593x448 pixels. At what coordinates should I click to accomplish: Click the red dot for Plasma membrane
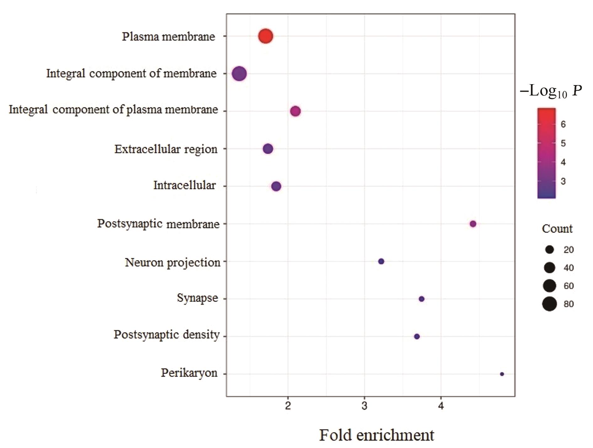(x=265, y=36)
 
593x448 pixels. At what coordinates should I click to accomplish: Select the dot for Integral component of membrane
(x=239, y=74)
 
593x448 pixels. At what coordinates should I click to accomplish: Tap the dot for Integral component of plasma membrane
(x=295, y=111)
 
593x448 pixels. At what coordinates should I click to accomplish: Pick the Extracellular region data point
(x=268, y=149)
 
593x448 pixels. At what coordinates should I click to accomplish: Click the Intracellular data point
(x=276, y=186)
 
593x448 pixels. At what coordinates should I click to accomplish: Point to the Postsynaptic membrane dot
(x=473, y=224)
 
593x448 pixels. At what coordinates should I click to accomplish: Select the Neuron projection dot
(x=381, y=261)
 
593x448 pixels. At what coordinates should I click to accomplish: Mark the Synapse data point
(x=422, y=299)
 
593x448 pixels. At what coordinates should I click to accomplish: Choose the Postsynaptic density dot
(x=417, y=336)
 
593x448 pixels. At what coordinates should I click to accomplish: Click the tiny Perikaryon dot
(x=502, y=374)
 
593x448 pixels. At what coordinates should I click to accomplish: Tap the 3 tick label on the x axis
(x=364, y=406)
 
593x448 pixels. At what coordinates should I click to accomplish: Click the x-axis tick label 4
(x=441, y=406)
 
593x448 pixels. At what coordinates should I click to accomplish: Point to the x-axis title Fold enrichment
(x=377, y=435)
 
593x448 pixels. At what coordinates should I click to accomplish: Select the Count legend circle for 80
(x=549, y=304)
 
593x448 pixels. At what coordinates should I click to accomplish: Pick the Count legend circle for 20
(x=549, y=250)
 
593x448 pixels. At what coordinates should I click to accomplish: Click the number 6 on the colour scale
(x=563, y=124)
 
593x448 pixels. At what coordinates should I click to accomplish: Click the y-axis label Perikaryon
(x=189, y=373)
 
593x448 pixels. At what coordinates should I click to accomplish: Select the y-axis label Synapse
(x=197, y=298)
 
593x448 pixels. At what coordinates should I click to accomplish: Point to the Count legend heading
(x=557, y=229)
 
